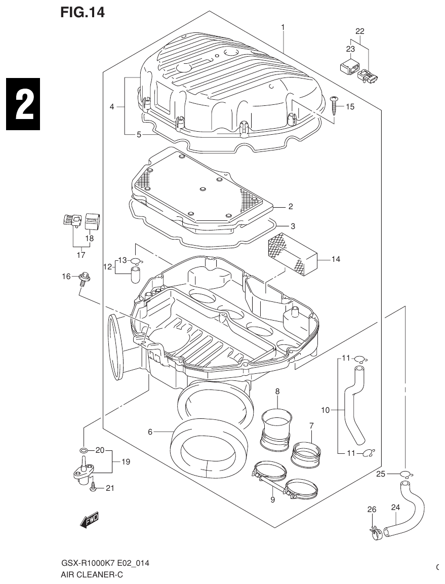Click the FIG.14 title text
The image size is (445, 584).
[x=82, y=12]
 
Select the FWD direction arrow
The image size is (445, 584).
[x=90, y=520]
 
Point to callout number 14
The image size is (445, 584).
[x=336, y=259]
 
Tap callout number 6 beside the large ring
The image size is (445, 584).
[x=150, y=432]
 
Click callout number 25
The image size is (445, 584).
[x=382, y=474]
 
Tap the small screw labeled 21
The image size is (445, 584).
[x=93, y=487]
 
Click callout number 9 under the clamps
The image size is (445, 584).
[x=272, y=500]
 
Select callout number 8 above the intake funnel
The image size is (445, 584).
[x=277, y=391]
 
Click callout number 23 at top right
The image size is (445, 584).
[x=350, y=49]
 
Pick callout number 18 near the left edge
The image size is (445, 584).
[x=89, y=238]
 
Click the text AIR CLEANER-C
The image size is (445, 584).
[x=92, y=575]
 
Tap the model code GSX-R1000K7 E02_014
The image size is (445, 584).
[x=105, y=563]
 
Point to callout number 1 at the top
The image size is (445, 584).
[x=283, y=27]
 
